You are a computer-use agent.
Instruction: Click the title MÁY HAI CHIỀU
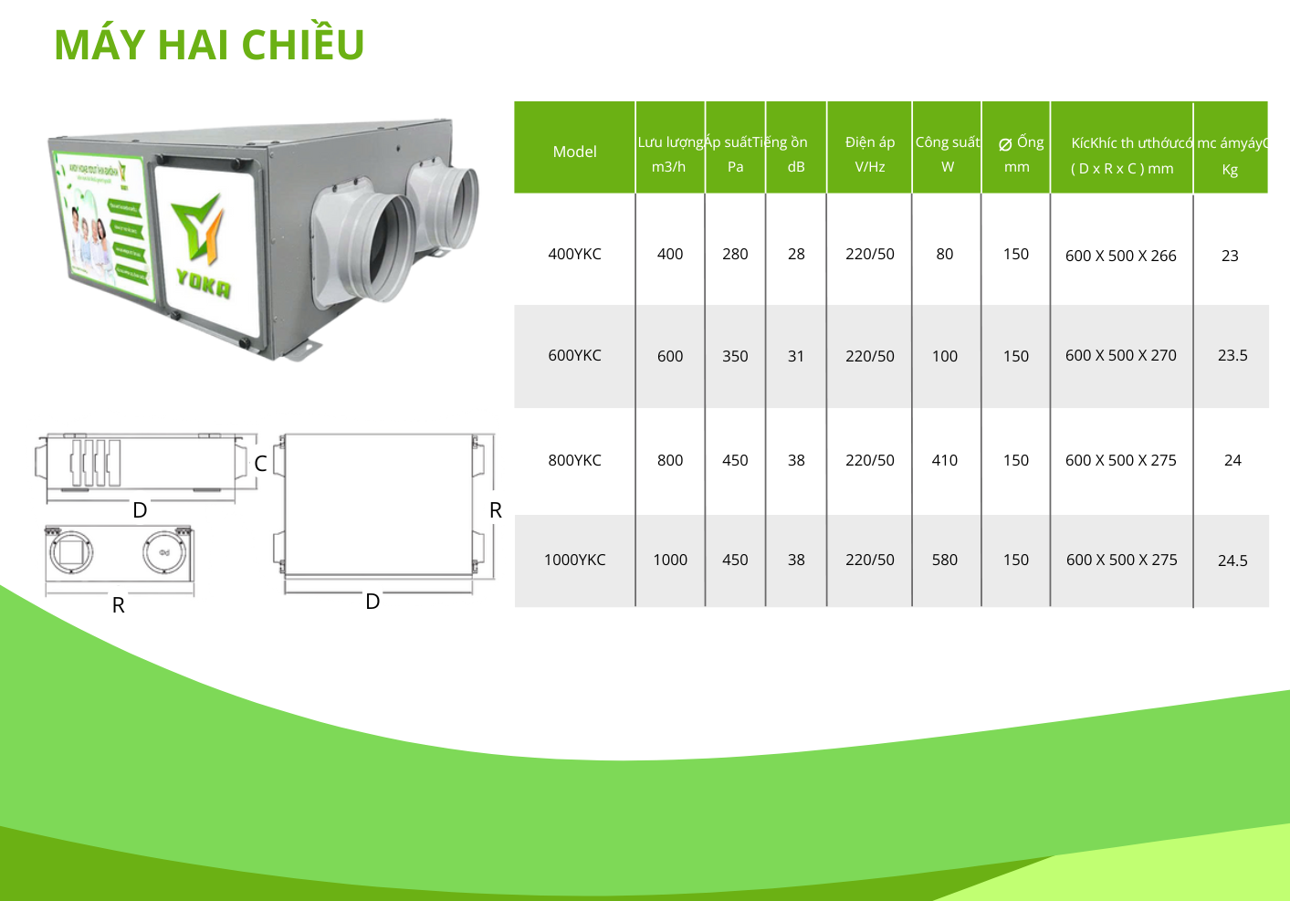point(209,45)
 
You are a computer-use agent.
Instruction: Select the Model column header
point(574,152)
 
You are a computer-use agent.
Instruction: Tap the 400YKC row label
point(574,254)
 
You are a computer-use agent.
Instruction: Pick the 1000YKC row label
point(574,560)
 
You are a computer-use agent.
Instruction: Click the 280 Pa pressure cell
point(735,254)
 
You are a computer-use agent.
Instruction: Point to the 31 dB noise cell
point(796,356)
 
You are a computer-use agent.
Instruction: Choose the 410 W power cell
point(945,460)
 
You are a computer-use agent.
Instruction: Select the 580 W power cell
point(945,560)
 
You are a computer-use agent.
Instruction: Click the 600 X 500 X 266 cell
point(1121,256)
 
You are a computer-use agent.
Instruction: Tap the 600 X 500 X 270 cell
point(1121,355)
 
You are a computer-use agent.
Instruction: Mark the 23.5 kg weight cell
point(1232,355)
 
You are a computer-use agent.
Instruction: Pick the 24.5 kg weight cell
point(1232,561)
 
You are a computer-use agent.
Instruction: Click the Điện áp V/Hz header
point(870,153)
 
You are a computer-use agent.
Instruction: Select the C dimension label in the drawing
point(260,464)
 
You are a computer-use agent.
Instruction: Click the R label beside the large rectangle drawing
point(496,510)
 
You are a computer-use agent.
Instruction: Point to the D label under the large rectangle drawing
point(372,602)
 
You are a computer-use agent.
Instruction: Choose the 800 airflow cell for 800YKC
point(670,460)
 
